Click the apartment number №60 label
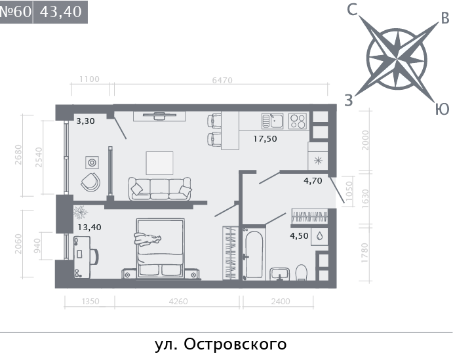16,12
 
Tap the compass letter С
352,10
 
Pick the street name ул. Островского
221,344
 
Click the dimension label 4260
178,302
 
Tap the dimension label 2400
280,302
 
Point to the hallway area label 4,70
312,182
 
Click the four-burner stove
297,121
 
